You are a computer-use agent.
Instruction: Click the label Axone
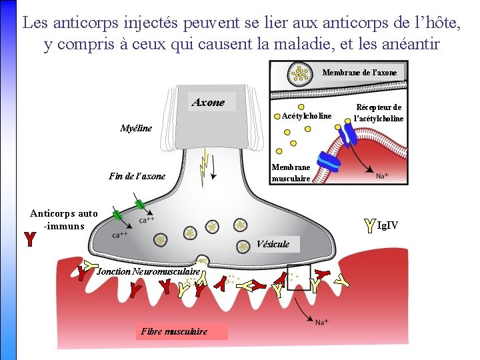[x=208, y=103]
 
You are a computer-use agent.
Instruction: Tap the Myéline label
[x=136, y=128]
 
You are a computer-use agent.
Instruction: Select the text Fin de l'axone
[x=137, y=177]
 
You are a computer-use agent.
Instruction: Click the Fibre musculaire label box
[x=175, y=331]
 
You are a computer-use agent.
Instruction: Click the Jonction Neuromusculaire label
[x=149, y=272]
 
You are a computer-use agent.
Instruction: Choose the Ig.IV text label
[x=387, y=225]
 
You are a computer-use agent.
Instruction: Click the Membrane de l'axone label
[x=359, y=72]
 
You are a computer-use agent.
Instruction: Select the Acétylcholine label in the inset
[x=306, y=116]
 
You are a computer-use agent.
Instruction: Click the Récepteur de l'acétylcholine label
[x=379, y=113]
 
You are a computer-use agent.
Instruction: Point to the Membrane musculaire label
[x=291, y=173]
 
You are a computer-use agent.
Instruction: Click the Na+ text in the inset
[x=382, y=177]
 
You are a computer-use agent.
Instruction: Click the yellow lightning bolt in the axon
[x=205, y=161]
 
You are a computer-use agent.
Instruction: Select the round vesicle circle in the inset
[x=301, y=74]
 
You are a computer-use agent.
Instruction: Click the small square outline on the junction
[x=299, y=278]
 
